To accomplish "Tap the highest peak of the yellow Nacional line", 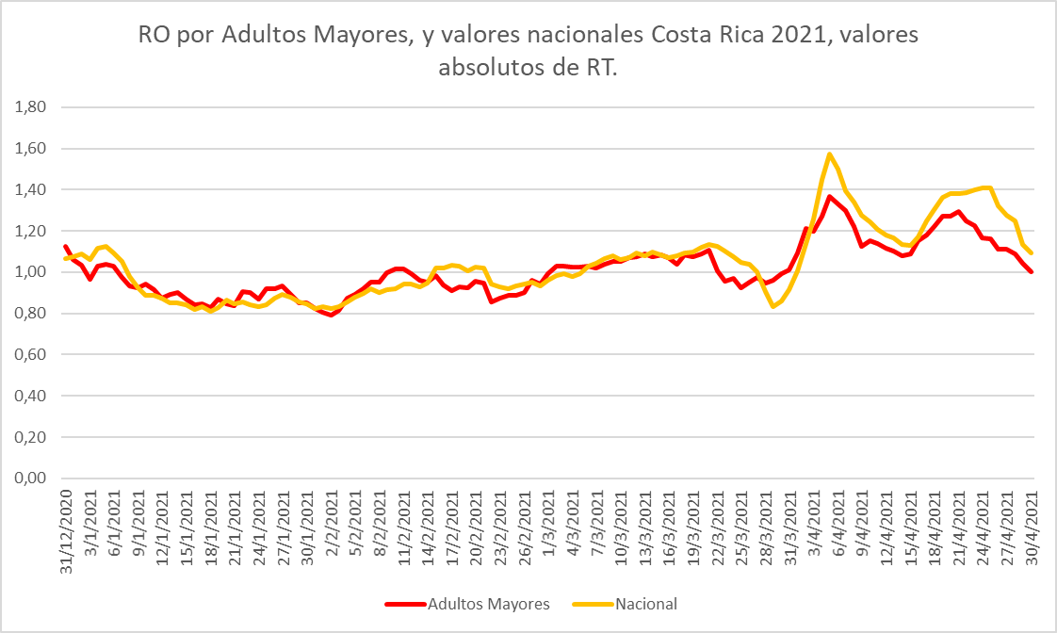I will tap(830, 154).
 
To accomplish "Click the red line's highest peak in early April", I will tap(830, 196).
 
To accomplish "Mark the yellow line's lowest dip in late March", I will tap(773, 306).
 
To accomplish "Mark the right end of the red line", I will tap(1033, 272).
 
